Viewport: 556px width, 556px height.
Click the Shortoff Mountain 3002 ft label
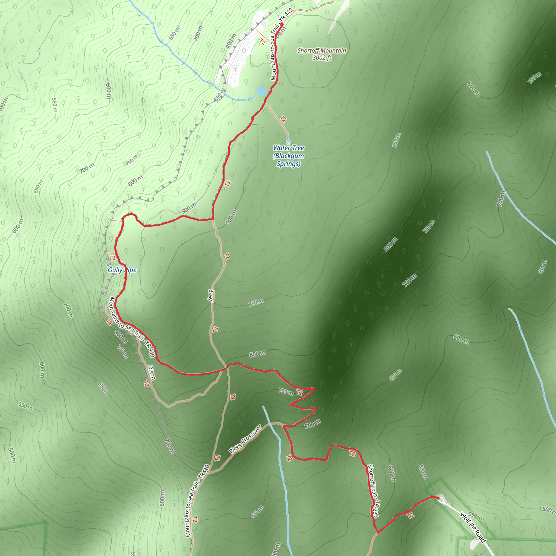[x=321, y=54]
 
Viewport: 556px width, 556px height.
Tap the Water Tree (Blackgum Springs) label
[x=288, y=156]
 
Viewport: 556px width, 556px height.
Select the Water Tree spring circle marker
[x=288, y=142]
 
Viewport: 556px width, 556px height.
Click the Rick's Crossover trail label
[x=245, y=439]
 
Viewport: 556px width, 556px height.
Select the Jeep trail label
[x=211, y=296]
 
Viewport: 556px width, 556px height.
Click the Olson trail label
[x=152, y=372]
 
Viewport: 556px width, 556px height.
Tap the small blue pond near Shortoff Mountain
[x=261, y=91]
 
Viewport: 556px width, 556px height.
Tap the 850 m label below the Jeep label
[x=256, y=303]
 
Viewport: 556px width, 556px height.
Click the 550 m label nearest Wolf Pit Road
[x=475, y=516]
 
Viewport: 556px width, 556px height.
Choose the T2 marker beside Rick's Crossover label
[x=217, y=457]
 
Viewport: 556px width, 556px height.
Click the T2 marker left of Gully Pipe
[x=112, y=258]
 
